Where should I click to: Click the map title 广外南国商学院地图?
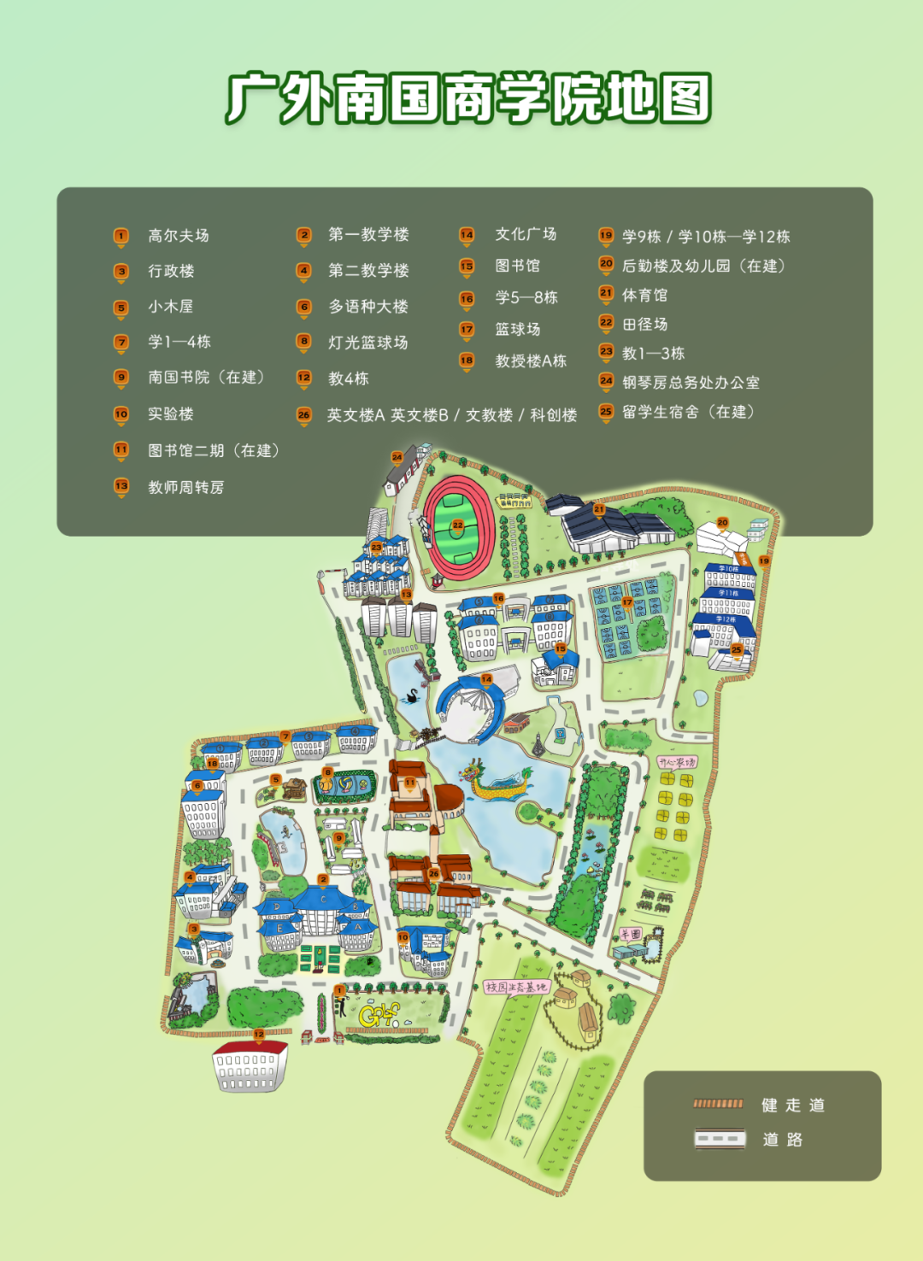tap(468, 99)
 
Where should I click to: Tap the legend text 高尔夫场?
tap(178, 235)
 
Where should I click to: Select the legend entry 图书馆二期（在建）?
tap(214, 450)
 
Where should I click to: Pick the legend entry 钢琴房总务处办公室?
tap(691, 382)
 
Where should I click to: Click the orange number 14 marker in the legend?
tap(467, 235)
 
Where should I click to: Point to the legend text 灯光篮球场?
tap(368, 343)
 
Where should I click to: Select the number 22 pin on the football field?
tap(458, 526)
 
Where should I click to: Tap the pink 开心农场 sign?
tap(676, 761)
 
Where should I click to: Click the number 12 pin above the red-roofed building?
tap(259, 1035)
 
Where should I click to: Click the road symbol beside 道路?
tap(719, 1139)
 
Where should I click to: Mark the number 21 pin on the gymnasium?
tap(599, 510)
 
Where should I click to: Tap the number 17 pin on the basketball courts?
tap(627, 603)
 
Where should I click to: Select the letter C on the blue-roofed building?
tap(324, 899)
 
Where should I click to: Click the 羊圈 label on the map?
tap(631, 934)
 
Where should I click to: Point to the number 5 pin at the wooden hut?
tap(275, 780)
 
